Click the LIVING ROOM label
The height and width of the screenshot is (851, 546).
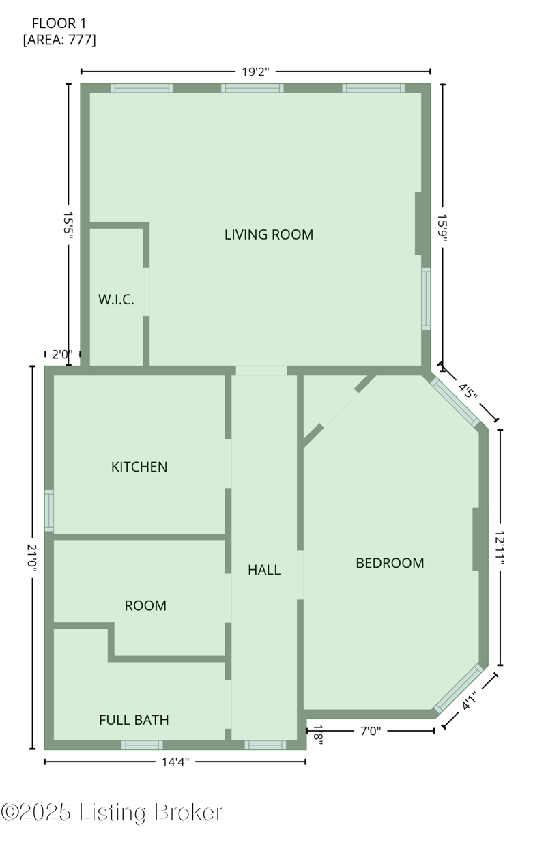pyautogui.click(x=269, y=234)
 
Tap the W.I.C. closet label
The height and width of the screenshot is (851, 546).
pyautogui.click(x=116, y=300)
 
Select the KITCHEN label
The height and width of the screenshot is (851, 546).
pyautogui.click(x=139, y=467)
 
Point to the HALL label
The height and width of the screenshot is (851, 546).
pyautogui.click(x=264, y=569)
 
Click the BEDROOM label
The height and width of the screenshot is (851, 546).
pyautogui.click(x=390, y=562)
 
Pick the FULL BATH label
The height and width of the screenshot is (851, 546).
pyautogui.click(x=134, y=719)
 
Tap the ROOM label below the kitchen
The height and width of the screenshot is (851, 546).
pyautogui.click(x=145, y=605)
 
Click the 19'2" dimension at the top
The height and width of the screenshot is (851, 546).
pyautogui.click(x=255, y=72)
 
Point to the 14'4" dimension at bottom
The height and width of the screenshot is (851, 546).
pyautogui.click(x=175, y=762)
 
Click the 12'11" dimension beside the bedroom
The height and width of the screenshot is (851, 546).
pyautogui.click(x=500, y=547)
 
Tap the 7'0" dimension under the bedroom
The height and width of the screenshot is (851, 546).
pyautogui.click(x=371, y=731)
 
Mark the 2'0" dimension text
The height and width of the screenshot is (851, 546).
pyautogui.click(x=62, y=354)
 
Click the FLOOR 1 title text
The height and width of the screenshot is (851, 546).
pyautogui.click(x=59, y=24)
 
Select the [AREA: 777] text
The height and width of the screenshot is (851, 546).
pyautogui.click(x=59, y=40)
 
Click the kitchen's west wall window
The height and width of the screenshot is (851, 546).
pyautogui.click(x=49, y=510)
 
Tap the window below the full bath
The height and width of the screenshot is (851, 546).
pyautogui.click(x=142, y=745)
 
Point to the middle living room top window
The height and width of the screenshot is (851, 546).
pyautogui.click(x=253, y=88)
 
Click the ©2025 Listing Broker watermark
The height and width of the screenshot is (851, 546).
pyautogui.click(x=111, y=812)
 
